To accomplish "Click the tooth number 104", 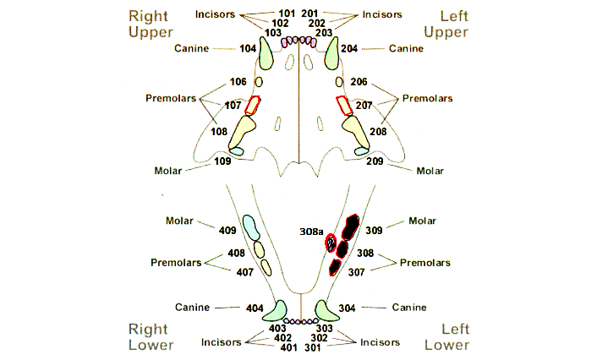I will tap(248, 48).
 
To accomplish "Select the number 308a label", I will tap(311, 230).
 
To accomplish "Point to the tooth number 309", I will tap(375, 229).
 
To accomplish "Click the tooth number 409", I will tap(227, 229).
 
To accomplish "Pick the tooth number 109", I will tap(223, 161).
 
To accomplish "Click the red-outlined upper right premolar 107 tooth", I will tap(252, 106).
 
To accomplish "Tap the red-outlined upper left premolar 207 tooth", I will tap(343, 106).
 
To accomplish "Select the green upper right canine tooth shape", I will tap(266, 55).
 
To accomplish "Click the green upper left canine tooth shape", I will tap(330, 55).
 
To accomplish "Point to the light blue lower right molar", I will tap(250, 226).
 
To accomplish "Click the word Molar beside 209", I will tap(431, 170).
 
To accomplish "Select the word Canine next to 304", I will tap(409, 307).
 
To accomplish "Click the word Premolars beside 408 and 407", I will tap(176, 262).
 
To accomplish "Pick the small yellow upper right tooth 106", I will tap(260, 83).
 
